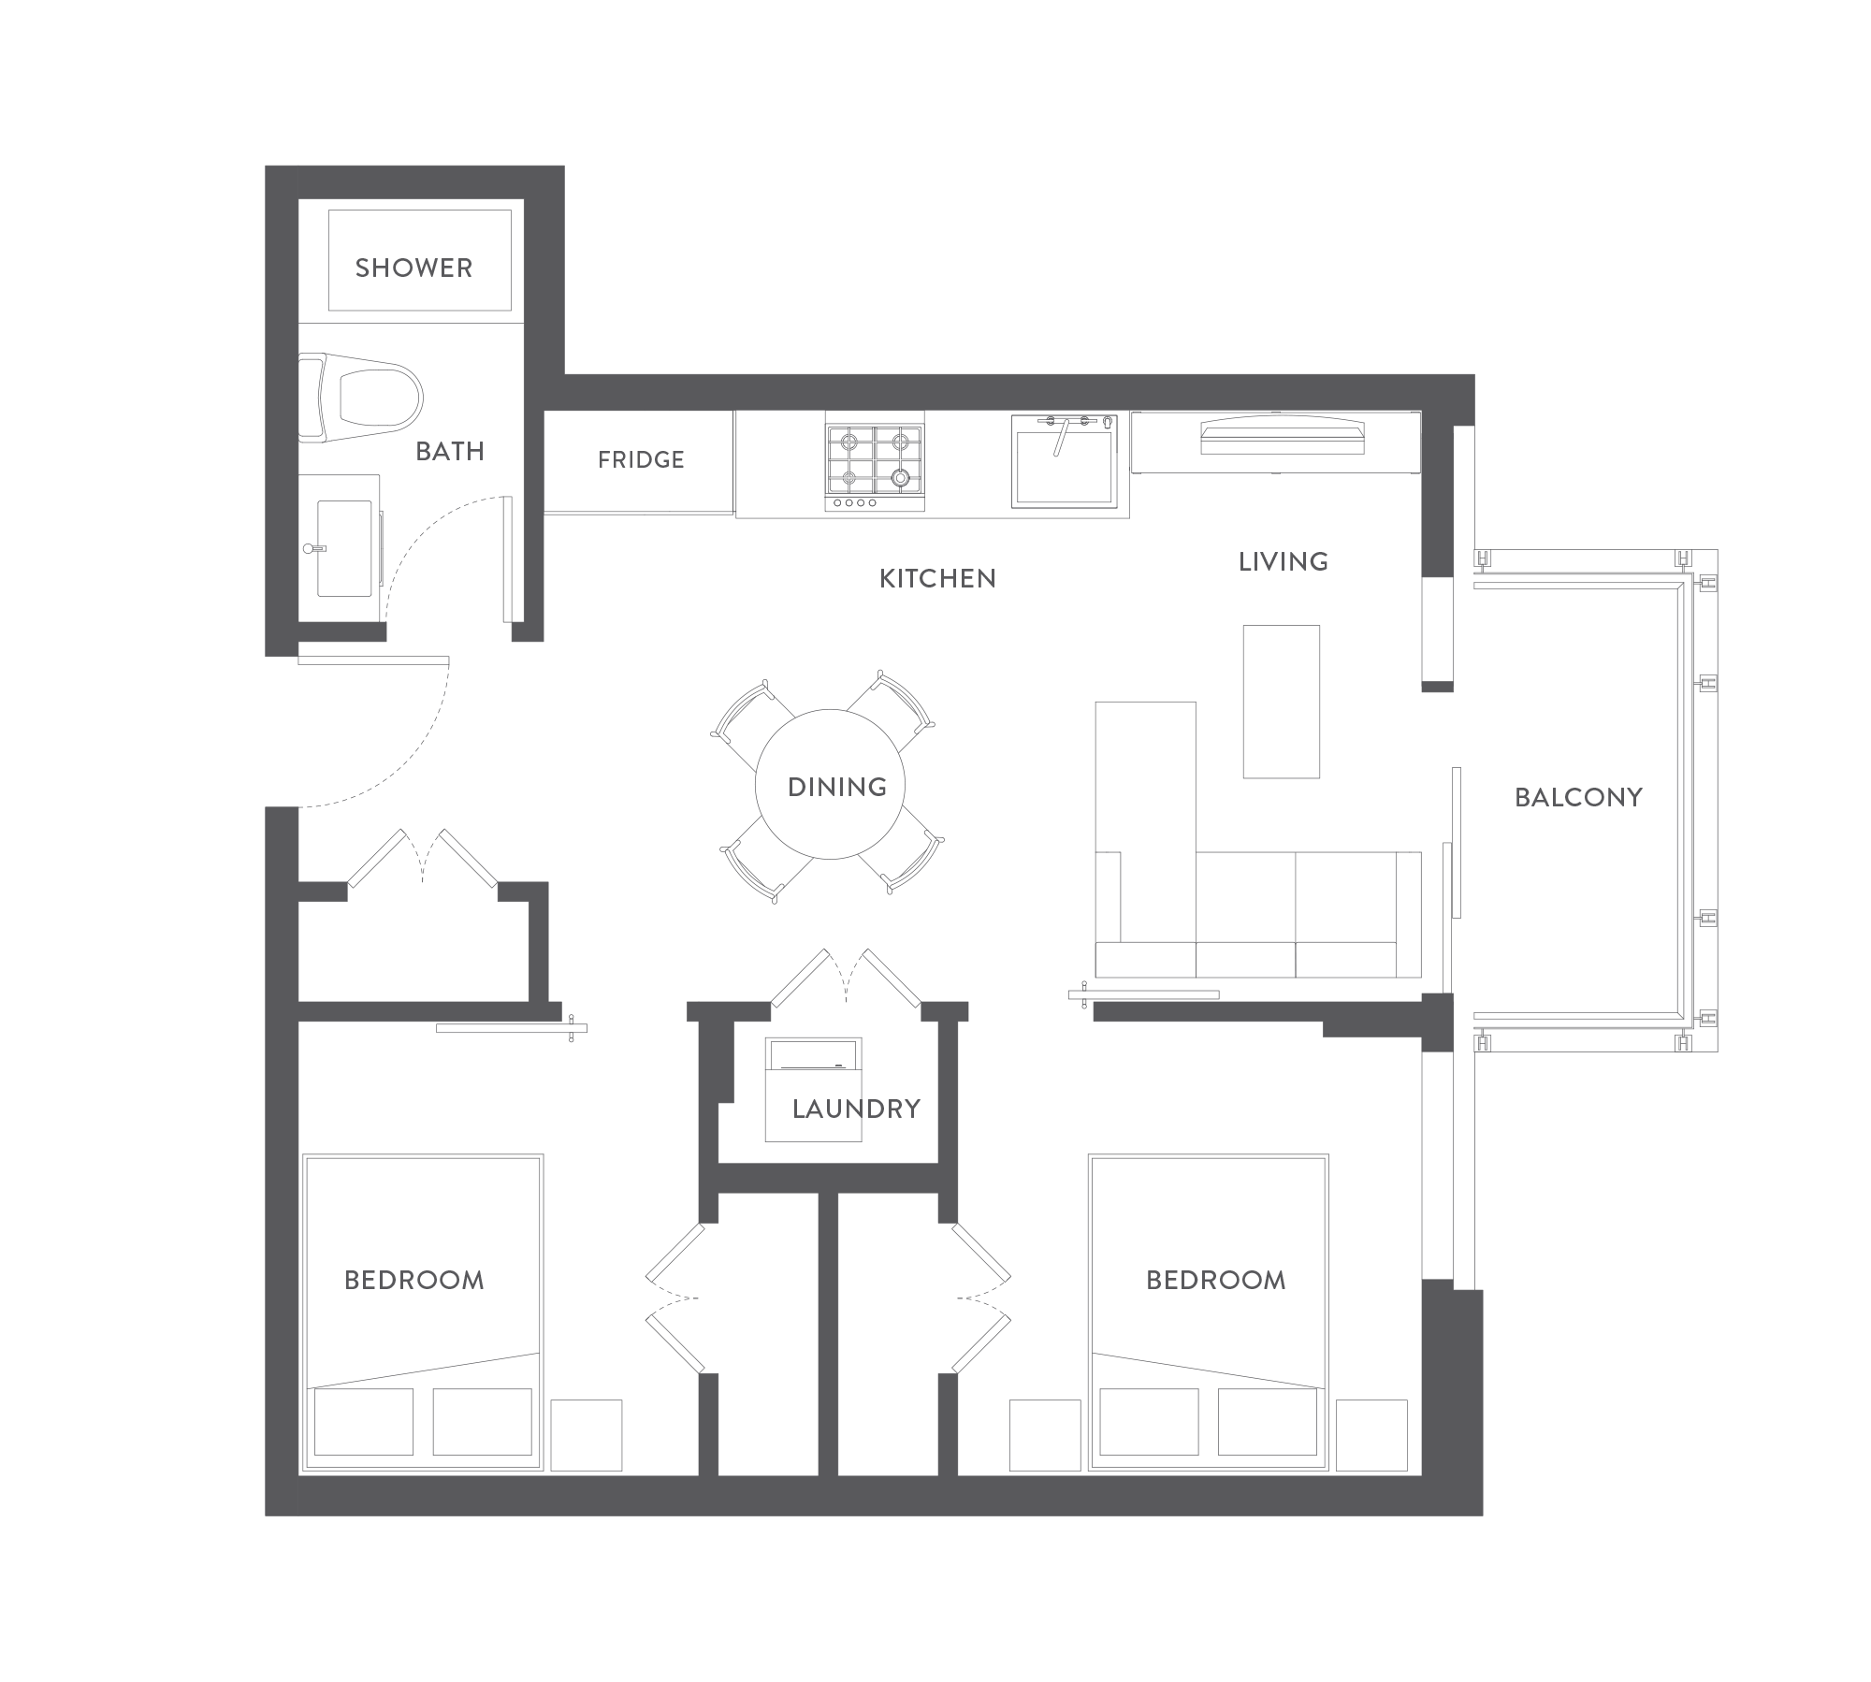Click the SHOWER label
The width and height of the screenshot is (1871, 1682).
(x=413, y=268)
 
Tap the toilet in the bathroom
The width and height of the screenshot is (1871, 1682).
(x=360, y=397)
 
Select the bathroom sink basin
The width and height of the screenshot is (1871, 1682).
(x=344, y=548)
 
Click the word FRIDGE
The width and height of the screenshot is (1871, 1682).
(x=641, y=459)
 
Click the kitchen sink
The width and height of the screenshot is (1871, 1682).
(x=1065, y=463)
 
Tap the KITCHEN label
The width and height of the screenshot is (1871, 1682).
(x=937, y=579)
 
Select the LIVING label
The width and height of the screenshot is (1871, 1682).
(x=1283, y=562)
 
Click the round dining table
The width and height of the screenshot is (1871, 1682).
(x=830, y=784)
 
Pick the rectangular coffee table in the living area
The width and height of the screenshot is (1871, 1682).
(x=1282, y=702)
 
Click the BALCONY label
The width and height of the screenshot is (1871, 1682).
(x=1578, y=797)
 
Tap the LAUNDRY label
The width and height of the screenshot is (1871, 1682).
(x=856, y=1109)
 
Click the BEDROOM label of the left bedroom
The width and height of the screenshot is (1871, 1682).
(x=414, y=1280)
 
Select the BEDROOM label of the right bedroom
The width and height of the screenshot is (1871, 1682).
(x=1216, y=1280)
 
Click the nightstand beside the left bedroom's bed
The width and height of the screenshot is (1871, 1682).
(x=587, y=1435)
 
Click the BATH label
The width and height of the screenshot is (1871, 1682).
(x=450, y=452)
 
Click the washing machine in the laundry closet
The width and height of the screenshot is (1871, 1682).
(x=813, y=1089)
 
